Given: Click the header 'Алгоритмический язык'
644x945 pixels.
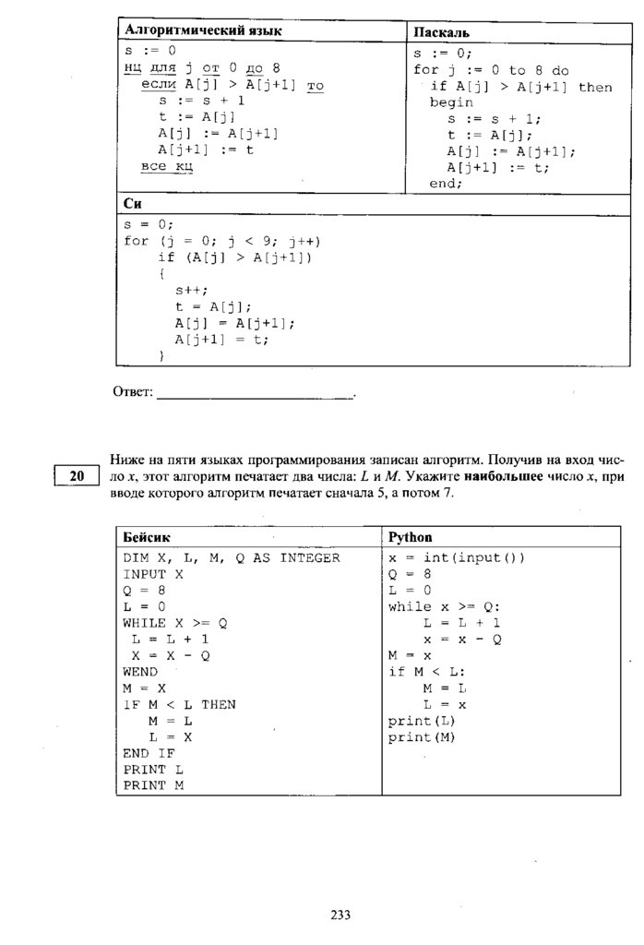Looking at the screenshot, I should (x=202, y=30).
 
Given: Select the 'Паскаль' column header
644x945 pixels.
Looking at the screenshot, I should (x=441, y=32).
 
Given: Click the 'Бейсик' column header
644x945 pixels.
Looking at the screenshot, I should (x=147, y=537).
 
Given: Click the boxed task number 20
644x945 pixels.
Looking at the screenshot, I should (x=77, y=476).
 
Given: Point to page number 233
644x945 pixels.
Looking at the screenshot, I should (x=340, y=915).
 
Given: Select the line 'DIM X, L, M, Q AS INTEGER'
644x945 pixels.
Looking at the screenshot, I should (x=232, y=557).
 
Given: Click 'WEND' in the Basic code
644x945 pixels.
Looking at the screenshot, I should (x=140, y=672).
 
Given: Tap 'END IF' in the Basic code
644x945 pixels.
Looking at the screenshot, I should (x=149, y=753).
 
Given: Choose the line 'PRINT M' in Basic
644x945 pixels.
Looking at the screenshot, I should (x=153, y=785).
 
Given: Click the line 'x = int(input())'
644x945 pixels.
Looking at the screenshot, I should (x=456, y=557).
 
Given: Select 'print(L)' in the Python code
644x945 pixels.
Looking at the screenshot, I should (x=422, y=721).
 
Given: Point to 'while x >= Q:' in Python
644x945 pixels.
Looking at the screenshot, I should (x=444, y=606).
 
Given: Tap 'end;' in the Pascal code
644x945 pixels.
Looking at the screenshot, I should (x=446, y=184).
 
